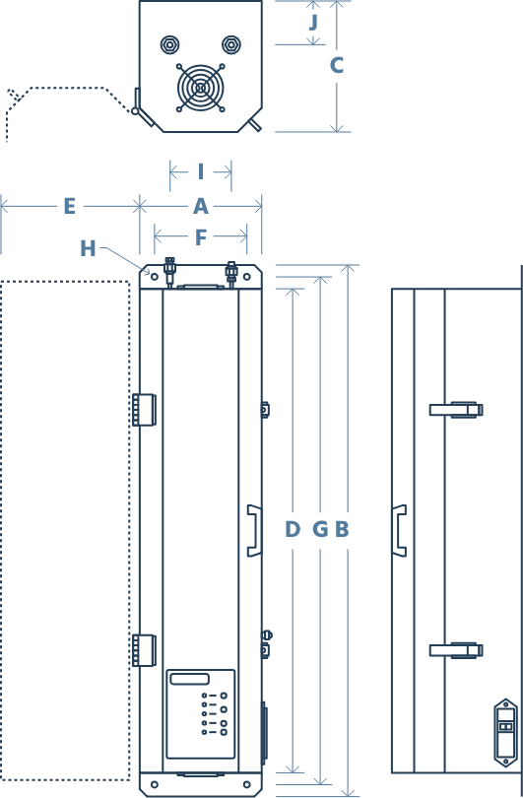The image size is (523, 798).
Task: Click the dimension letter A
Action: point(201,207)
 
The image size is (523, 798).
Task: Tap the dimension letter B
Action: point(342,529)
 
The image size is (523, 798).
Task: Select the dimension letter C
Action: point(336,65)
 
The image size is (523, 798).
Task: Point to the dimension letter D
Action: point(293,529)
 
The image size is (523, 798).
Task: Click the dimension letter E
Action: point(70,207)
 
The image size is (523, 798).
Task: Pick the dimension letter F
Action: point(201,237)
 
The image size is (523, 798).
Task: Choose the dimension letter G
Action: point(320,529)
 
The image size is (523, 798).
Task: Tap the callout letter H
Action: point(88,248)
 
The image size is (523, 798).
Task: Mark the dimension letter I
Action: point(201,172)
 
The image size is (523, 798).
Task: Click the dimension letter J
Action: point(313,23)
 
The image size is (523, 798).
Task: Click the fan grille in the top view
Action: point(201,88)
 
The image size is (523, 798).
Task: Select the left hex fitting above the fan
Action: point(169,44)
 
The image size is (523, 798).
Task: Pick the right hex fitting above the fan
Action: point(231,44)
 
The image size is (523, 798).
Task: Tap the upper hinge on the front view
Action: point(144,410)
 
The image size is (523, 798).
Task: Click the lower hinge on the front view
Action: point(144,650)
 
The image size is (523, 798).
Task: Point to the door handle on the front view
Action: point(254,531)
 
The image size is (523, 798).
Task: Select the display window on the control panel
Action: point(190,679)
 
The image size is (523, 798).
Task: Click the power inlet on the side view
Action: point(505,733)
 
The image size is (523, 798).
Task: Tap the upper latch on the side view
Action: point(456,410)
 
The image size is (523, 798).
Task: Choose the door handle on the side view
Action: point(399,531)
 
